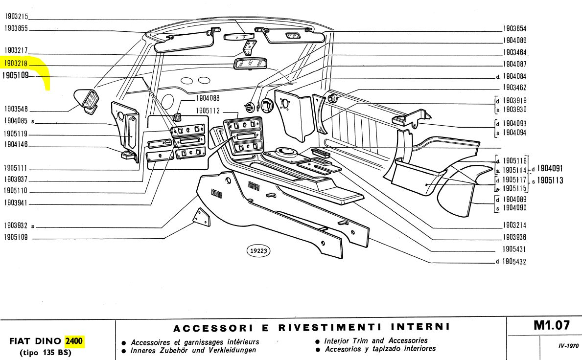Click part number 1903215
click(x=17, y=17)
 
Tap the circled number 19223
click(x=259, y=251)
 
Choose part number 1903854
click(x=515, y=29)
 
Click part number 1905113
click(x=550, y=180)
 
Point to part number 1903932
click(x=17, y=226)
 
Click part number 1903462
click(x=515, y=89)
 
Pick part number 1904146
click(x=17, y=144)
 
